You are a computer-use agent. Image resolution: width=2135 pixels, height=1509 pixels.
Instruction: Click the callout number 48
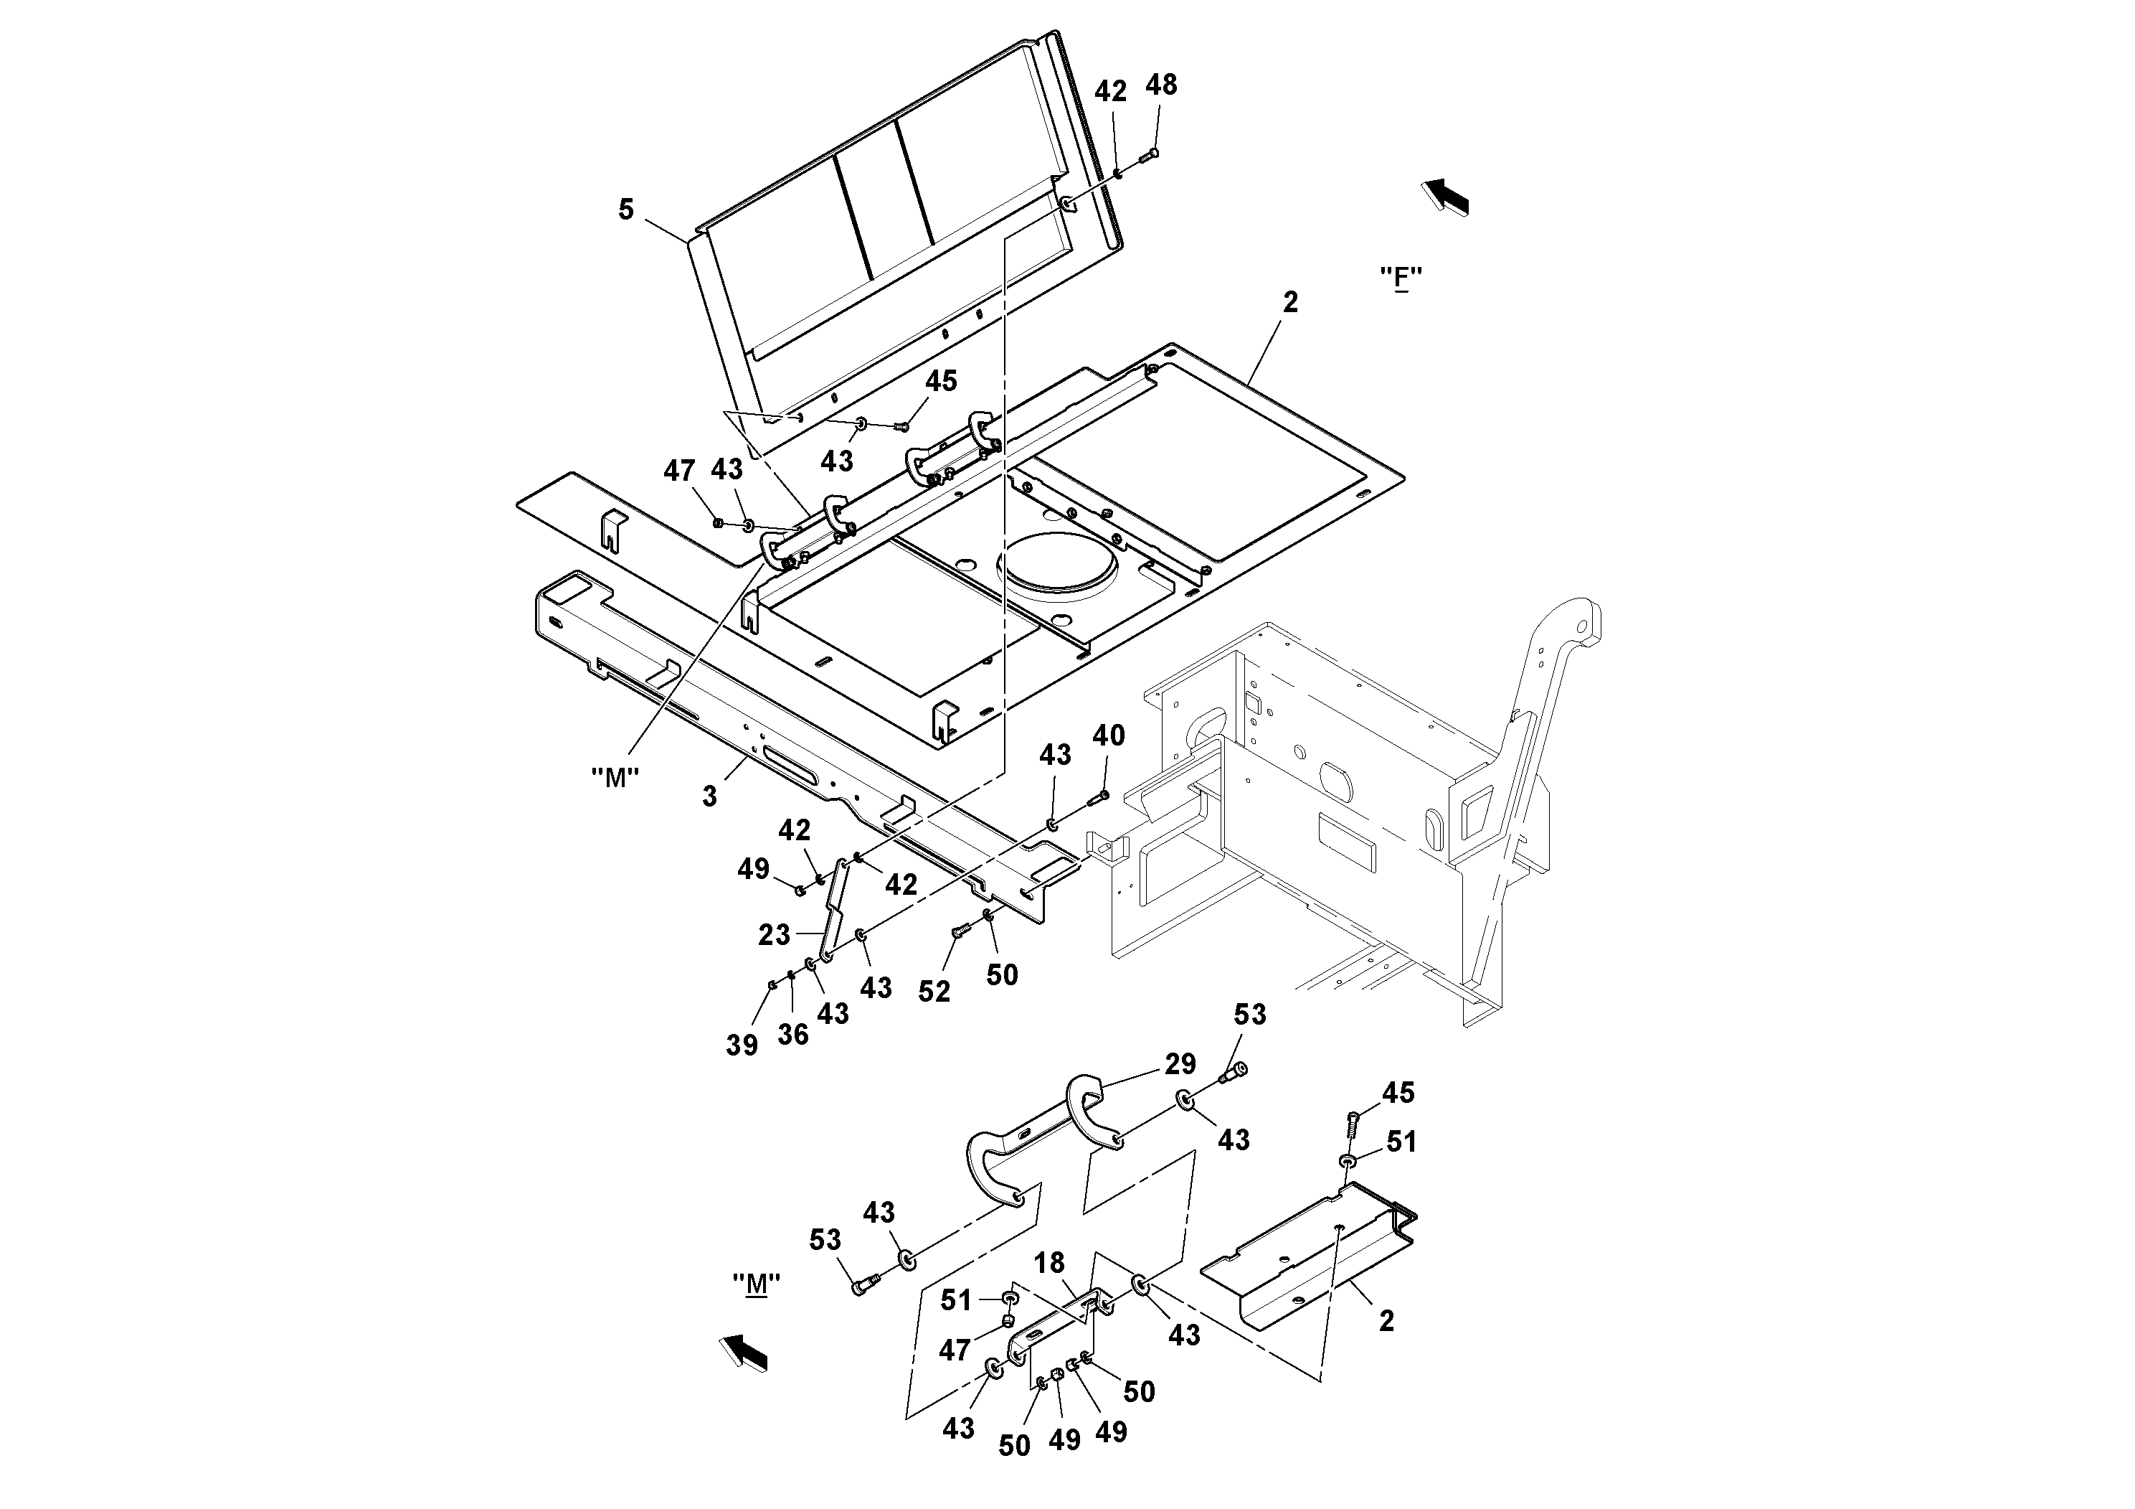[x=1161, y=85]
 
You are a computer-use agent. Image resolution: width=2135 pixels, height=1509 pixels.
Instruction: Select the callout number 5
[x=626, y=210]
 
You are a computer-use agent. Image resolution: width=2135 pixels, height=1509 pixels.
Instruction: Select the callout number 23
[x=774, y=934]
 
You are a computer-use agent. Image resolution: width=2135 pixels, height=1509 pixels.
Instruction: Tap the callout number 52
[x=934, y=992]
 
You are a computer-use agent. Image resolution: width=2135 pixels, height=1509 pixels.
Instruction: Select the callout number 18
[x=1049, y=1262]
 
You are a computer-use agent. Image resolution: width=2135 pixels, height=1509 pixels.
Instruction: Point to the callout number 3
[x=709, y=796]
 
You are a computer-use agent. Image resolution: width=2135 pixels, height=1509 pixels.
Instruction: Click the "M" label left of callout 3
[x=615, y=778]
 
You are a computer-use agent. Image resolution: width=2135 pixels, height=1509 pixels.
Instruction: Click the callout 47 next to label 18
[x=955, y=1349]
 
